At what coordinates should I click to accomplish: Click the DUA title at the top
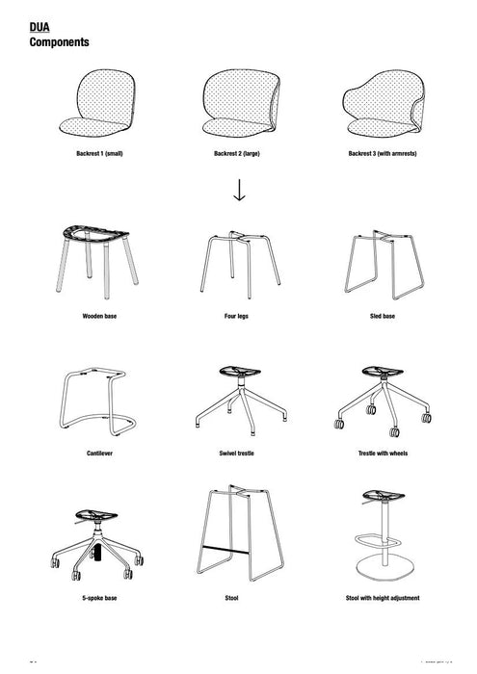[40, 30]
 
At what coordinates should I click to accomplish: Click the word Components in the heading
[60, 43]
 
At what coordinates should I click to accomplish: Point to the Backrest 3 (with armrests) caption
[383, 153]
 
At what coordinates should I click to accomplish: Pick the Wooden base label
[99, 315]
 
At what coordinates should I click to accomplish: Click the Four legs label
[238, 315]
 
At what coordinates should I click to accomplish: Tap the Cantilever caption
[99, 449]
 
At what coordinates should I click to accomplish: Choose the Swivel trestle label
[238, 449]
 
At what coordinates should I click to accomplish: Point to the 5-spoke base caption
[99, 598]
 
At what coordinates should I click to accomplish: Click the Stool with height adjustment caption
[383, 598]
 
